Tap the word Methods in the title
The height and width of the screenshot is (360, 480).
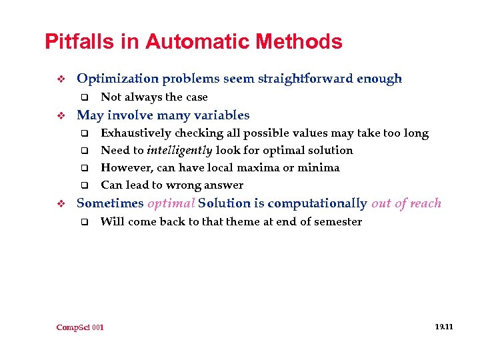click(301, 43)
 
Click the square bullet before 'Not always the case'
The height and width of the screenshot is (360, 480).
click(84, 97)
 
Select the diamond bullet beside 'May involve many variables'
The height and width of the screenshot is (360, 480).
click(59, 115)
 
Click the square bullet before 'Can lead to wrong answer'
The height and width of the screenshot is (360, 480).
click(84, 185)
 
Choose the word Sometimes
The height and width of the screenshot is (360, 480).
click(110, 203)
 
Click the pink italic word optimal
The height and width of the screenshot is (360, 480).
click(171, 203)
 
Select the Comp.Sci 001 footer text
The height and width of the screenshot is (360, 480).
click(80, 327)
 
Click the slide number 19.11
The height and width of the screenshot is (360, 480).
click(443, 327)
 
